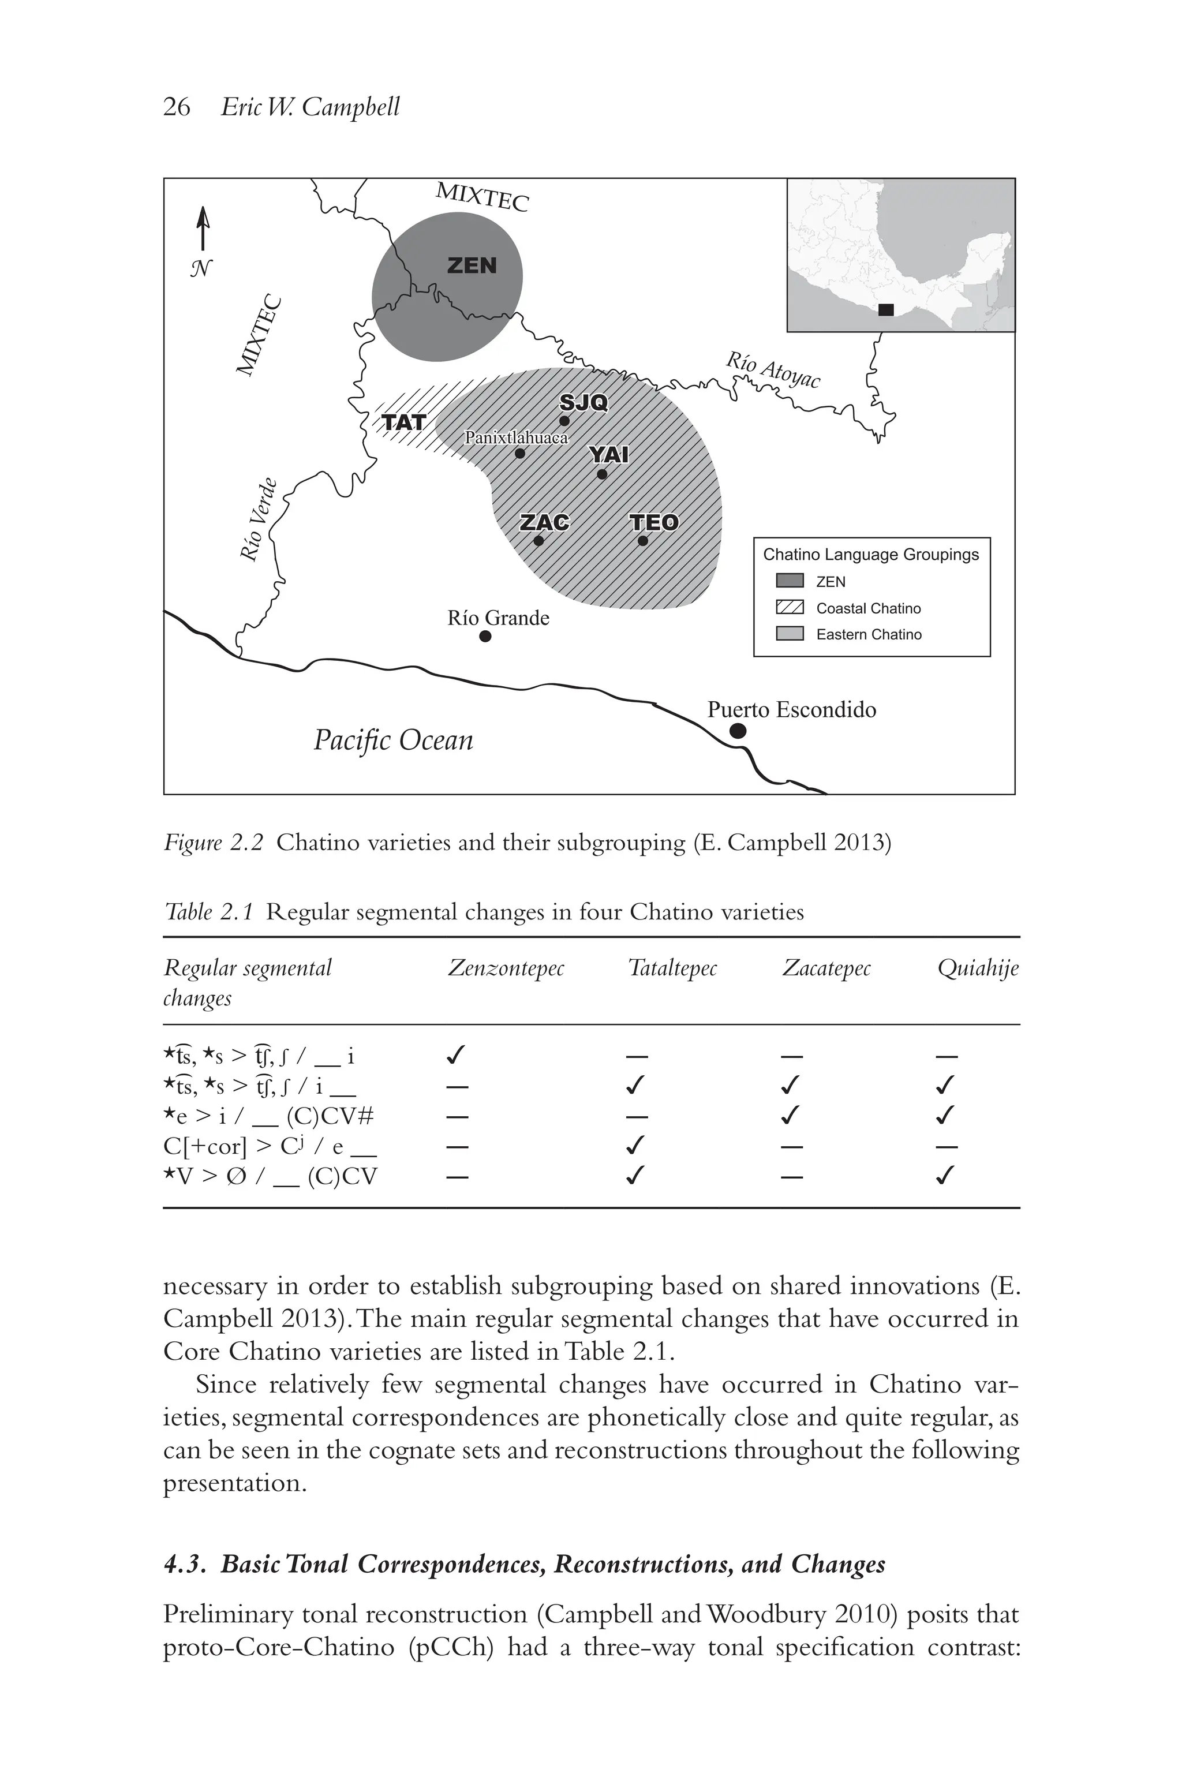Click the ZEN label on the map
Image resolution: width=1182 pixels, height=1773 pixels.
pos(472,265)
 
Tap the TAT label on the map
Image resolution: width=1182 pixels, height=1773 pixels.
pos(404,422)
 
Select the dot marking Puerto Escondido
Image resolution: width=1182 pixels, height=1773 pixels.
pos(738,731)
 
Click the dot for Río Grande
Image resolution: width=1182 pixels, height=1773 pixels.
pos(485,636)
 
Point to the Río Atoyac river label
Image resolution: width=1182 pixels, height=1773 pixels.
pos(773,370)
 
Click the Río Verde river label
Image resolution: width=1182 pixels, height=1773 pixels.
pos(259,520)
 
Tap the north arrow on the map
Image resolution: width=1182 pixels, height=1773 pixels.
pos(202,229)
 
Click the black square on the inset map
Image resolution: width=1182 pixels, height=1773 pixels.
pos(886,310)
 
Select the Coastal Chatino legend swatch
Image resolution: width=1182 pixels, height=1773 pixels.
pos(790,608)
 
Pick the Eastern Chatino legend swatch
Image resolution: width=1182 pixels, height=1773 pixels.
pos(790,634)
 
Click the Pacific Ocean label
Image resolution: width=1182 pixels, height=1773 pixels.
pos(394,740)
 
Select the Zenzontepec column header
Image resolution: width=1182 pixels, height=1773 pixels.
pos(506,968)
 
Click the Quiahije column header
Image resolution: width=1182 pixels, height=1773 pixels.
pos(978,968)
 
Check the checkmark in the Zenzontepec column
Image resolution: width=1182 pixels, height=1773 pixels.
pos(456,1054)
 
